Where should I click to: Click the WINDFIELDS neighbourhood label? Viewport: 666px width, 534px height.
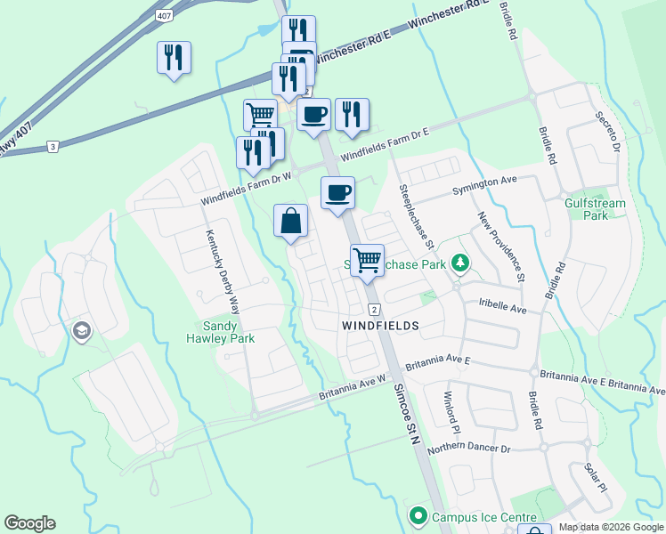380,327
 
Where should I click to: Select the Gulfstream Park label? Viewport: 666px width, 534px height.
596,209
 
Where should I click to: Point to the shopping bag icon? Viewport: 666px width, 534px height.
291,222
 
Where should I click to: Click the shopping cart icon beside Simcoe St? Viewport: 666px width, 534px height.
367,261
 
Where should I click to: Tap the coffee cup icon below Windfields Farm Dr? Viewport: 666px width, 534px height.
337,193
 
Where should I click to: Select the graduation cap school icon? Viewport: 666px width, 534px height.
82,332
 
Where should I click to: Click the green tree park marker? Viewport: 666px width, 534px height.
459,263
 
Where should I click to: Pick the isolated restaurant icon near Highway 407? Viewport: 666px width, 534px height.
174,59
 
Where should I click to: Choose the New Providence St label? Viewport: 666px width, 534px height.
499,247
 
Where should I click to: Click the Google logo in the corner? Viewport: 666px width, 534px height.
29,523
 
